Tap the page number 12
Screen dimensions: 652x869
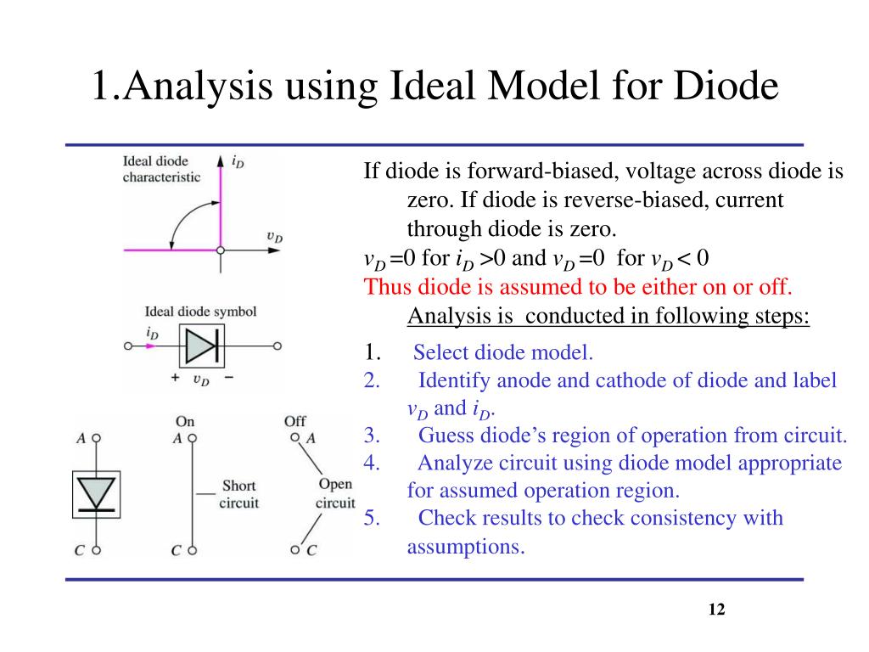point(716,610)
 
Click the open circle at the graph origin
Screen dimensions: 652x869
point(221,250)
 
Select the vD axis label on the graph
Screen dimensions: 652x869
point(275,238)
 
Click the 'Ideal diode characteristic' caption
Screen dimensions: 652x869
point(162,169)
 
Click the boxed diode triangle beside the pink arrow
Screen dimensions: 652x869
point(201,346)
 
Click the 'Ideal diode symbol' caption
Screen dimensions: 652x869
point(201,312)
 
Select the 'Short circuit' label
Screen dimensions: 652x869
point(239,494)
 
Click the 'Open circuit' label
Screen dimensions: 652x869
point(335,493)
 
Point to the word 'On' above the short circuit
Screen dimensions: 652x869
point(185,421)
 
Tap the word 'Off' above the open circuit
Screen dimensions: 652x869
point(295,421)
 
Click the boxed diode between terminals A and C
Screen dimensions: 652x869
point(96,493)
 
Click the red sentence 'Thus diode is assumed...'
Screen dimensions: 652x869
point(581,286)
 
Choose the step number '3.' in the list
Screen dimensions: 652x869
point(372,436)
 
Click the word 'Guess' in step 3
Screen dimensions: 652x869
point(446,436)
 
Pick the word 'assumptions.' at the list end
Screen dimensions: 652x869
point(466,546)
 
